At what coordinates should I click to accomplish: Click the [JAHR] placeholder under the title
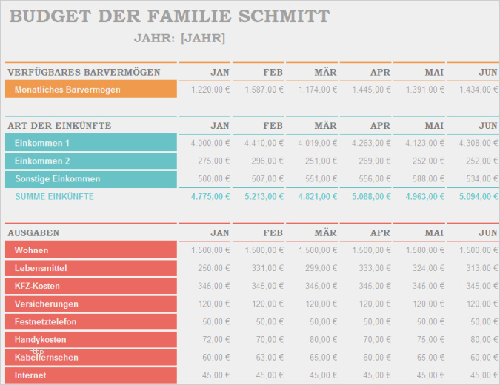point(203,38)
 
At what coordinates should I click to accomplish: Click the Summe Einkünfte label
point(54,196)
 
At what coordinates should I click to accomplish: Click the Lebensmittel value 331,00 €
point(268,268)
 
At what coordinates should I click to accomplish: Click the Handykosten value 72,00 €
point(216,339)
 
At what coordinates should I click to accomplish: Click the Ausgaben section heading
point(33,232)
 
